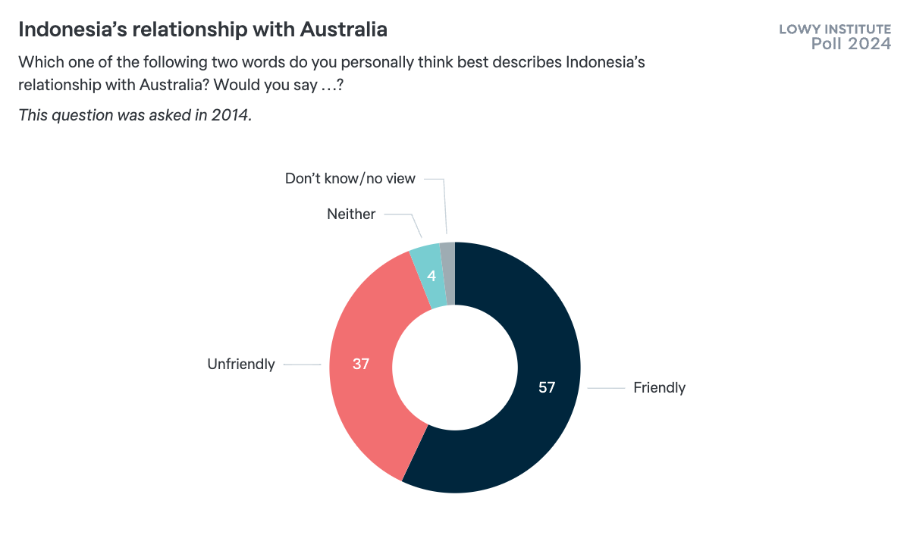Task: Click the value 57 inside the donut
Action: click(548, 387)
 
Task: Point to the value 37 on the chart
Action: click(361, 364)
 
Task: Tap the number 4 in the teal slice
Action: click(431, 276)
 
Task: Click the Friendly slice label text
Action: click(659, 387)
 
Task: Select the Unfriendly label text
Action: click(241, 365)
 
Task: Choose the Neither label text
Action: click(351, 214)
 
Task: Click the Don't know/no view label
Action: click(350, 179)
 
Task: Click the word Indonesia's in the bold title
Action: click(70, 30)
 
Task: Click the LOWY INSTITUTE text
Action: click(835, 30)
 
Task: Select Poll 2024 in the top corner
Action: click(851, 44)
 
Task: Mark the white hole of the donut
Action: click(455, 368)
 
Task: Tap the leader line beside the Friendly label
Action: click(606, 388)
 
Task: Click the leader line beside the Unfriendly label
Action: click(303, 365)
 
